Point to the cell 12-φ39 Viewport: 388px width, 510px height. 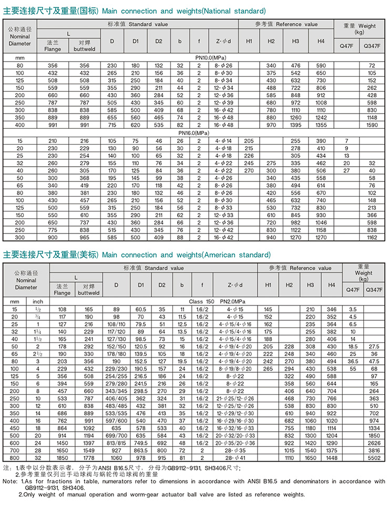[x=223, y=103]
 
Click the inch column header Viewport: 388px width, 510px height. [x=38, y=302]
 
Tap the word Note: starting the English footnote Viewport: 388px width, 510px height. [x=10, y=481]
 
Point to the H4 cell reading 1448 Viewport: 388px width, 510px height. [x=331, y=457]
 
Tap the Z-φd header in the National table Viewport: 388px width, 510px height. [x=223, y=41]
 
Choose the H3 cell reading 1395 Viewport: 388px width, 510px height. [x=295, y=126]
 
